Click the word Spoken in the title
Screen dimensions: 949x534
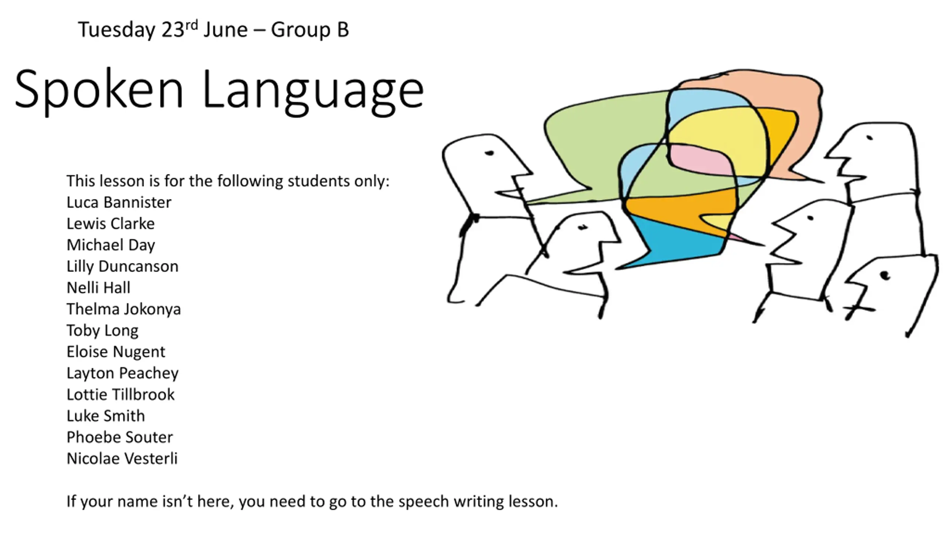[99, 91]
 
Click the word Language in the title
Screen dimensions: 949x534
[313, 91]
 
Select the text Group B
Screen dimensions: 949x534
[310, 30]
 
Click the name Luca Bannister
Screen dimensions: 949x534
[119, 202]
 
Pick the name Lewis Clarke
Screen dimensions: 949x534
[110, 224]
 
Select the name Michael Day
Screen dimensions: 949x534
[111, 245]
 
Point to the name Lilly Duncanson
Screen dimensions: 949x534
[122, 267]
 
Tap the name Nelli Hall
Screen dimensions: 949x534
[99, 288]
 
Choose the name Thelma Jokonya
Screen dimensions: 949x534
[123, 309]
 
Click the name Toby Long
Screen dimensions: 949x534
[102, 331]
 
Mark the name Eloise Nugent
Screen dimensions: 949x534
[116, 352]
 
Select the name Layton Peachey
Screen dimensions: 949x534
[122, 373]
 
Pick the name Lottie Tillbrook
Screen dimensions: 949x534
[120, 395]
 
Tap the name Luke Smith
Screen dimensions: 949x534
[106, 416]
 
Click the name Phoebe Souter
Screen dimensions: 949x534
[120, 437]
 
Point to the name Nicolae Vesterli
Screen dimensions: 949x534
[122, 459]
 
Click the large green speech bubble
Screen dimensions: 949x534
[601, 141]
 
